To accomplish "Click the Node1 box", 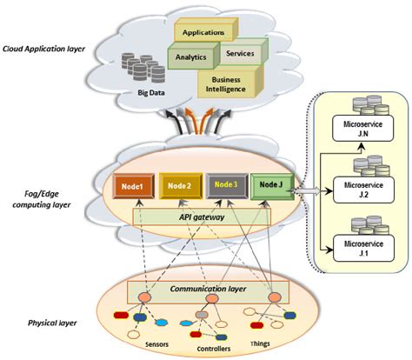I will pyautogui.click(x=131, y=185).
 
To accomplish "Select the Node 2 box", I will pyautogui.click(x=178, y=185).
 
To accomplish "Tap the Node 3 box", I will pyautogui.click(x=225, y=185).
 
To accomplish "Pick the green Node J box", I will pyautogui.click(x=270, y=185).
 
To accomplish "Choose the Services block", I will pyautogui.click(x=239, y=54).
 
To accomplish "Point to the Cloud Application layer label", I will pyautogui.click(x=46, y=50).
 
